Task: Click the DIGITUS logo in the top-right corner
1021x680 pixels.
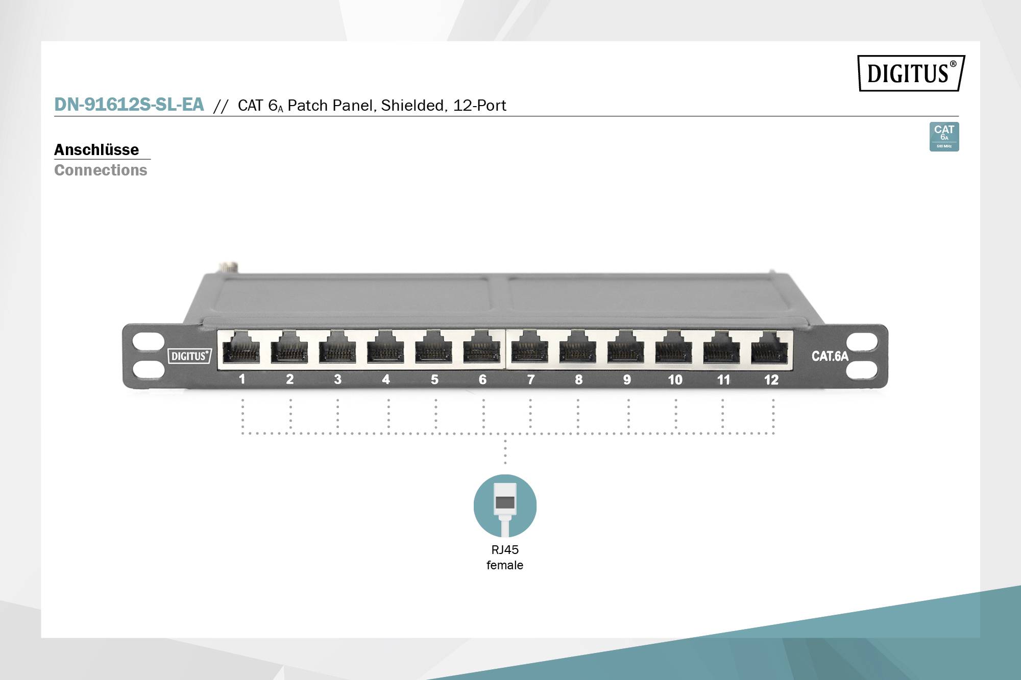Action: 911,73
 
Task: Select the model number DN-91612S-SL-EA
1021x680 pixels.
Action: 129,105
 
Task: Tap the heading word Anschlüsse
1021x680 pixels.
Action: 96,149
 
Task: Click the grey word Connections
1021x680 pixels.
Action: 101,170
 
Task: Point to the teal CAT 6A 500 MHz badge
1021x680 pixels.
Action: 944,137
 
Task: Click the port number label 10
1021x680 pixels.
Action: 675,380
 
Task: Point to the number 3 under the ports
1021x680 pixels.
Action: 337,380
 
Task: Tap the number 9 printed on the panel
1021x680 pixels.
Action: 626,380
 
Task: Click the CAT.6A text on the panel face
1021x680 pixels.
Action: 830,356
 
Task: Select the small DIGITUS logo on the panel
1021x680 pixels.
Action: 189,356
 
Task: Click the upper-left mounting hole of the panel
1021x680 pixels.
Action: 148,342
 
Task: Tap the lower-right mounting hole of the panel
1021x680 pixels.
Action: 862,371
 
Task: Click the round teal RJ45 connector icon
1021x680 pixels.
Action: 505,506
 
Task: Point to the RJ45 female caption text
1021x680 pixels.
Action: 505,557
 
